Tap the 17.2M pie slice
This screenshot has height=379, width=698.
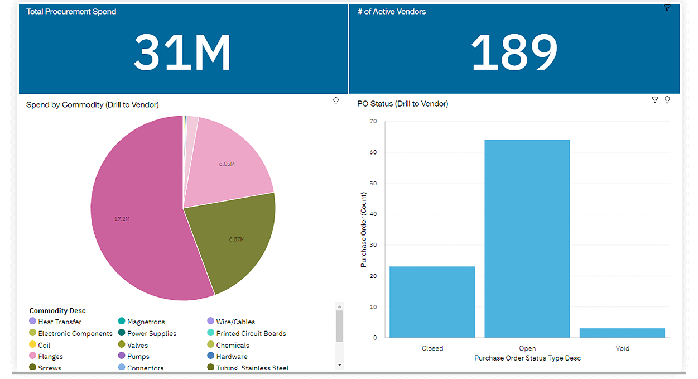point(139,223)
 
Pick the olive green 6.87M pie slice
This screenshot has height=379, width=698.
point(234,240)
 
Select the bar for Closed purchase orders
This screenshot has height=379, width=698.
point(432,302)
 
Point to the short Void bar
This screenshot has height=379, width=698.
point(622,333)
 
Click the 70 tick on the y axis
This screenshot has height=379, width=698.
point(373,121)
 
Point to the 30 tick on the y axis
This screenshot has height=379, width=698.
point(373,245)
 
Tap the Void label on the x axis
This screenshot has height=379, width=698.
point(622,348)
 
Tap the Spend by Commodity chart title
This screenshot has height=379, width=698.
point(92,104)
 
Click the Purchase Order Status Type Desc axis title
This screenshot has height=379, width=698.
point(527,358)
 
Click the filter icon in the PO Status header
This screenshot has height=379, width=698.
point(655,100)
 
